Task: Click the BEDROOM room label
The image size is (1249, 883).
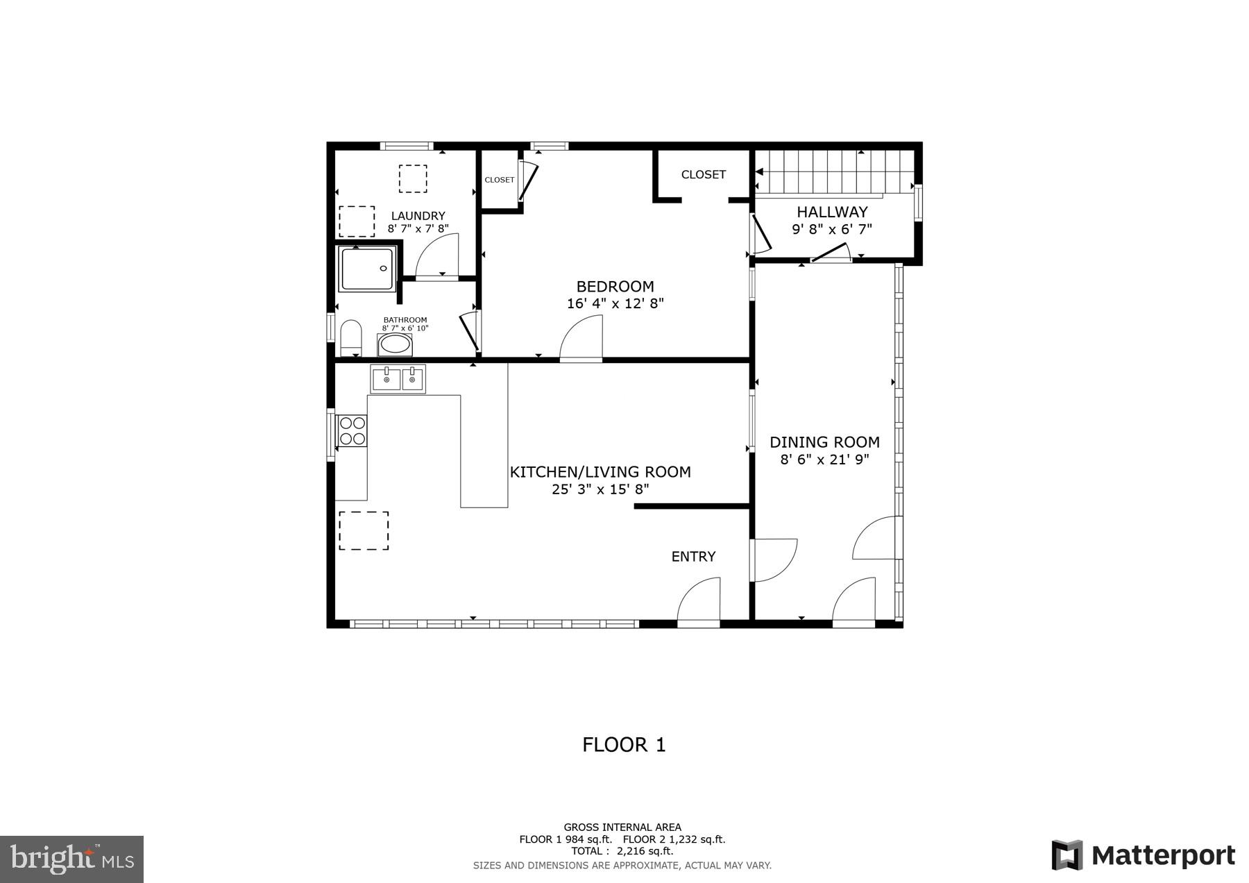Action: (615, 287)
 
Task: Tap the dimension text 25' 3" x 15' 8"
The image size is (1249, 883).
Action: (600, 489)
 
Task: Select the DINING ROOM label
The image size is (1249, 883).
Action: (824, 442)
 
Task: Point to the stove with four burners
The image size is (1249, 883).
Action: (352, 430)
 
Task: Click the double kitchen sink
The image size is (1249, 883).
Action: (398, 379)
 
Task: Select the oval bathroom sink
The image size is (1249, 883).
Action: (395, 344)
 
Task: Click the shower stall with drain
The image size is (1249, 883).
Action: (367, 268)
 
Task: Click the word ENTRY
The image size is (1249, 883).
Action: (693, 557)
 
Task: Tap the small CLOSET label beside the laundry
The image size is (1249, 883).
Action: (500, 180)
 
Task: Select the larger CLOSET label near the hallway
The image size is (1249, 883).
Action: (703, 175)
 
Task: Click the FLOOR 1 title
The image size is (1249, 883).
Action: (624, 745)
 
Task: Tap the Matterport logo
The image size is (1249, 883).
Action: (1143, 855)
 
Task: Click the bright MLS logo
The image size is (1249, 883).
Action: (72, 859)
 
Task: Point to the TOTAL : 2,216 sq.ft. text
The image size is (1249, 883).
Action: (622, 851)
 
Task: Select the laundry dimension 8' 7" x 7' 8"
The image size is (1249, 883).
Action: (418, 228)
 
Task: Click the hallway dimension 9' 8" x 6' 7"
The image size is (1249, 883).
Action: (831, 229)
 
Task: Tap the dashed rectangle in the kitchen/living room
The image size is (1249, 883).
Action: (364, 531)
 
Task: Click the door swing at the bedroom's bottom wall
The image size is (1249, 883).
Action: (583, 338)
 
